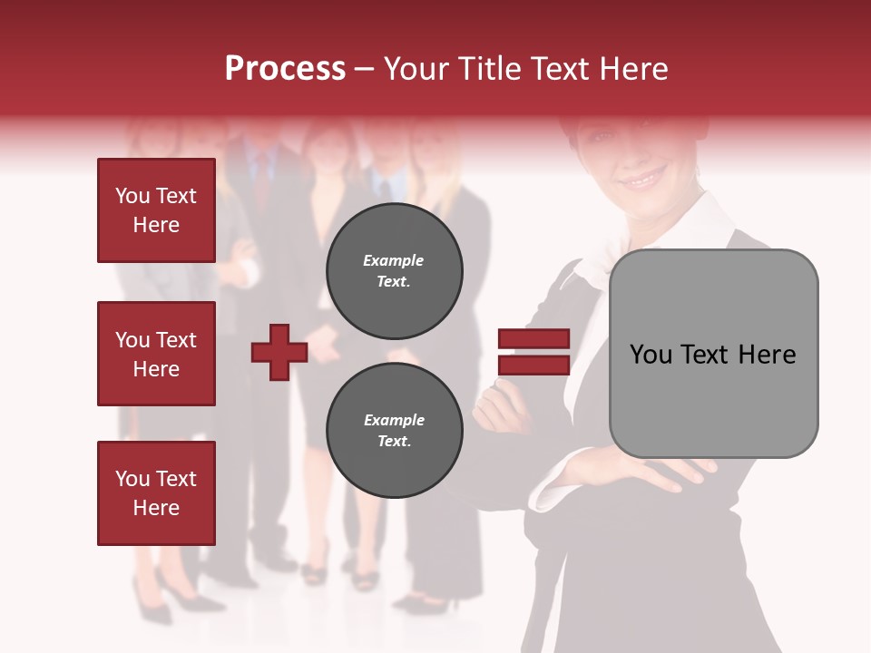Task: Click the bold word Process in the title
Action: (285, 69)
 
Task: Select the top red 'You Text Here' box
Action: (156, 210)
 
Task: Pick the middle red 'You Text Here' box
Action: (156, 354)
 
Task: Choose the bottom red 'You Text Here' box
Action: (156, 493)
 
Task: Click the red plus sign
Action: (279, 352)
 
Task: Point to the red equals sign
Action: (533, 352)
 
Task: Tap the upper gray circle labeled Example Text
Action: (394, 271)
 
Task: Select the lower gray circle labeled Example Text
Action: (394, 431)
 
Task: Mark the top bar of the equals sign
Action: (533, 339)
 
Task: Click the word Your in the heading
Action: (418, 69)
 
